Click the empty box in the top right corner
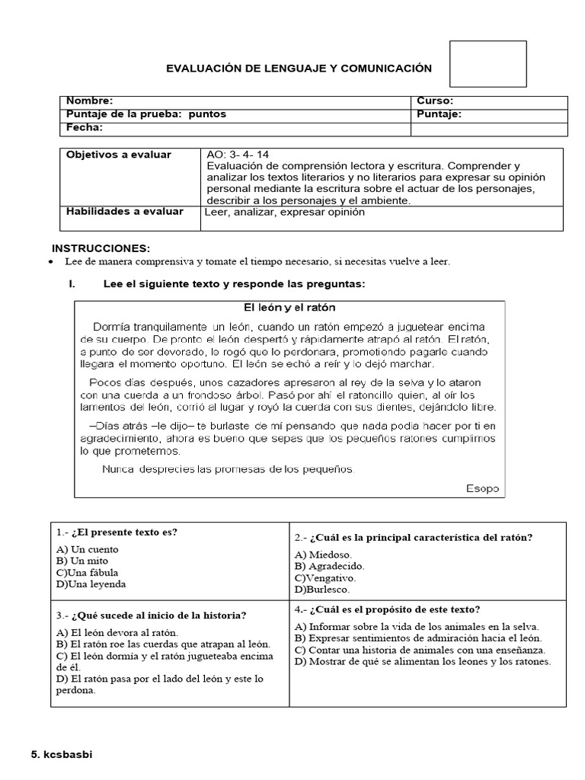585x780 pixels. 488,64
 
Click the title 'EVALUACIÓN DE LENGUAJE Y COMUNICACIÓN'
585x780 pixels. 299,69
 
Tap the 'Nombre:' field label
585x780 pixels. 90,101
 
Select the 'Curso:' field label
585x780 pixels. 435,101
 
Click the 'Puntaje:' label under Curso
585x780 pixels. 439,114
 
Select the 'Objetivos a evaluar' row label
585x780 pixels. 119,155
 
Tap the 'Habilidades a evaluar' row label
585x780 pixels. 125,211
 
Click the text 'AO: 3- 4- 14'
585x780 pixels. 238,155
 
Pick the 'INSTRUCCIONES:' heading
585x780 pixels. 101,249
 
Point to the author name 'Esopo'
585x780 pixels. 482,488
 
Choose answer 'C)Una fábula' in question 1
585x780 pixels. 88,573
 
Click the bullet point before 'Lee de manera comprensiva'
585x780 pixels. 50,262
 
